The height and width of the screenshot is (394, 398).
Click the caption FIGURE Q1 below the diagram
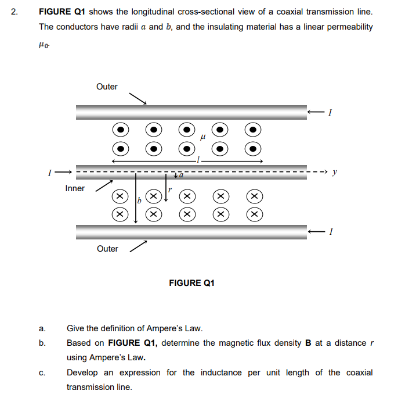pyautogui.click(x=191, y=283)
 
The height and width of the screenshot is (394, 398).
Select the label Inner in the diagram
pyautogui.click(x=75, y=188)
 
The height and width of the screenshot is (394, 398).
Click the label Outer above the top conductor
pyautogui.click(x=107, y=87)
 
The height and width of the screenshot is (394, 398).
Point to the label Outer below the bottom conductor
pyautogui.click(x=107, y=249)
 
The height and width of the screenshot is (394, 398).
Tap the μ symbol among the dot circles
pyautogui.click(x=202, y=138)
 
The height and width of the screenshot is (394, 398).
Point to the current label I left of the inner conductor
pyautogui.click(x=51, y=172)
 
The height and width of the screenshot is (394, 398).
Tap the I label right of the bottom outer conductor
pyautogui.click(x=329, y=232)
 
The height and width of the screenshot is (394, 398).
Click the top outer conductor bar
pyautogui.click(x=191, y=112)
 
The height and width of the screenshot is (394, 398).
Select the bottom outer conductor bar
pyautogui.click(x=191, y=231)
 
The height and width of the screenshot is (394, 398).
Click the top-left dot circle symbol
pyautogui.click(x=119, y=130)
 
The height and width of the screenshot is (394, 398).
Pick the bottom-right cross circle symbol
pyautogui.click(x=253, y=214)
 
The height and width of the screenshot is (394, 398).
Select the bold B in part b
pyautogui.click(x=308, y=343)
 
